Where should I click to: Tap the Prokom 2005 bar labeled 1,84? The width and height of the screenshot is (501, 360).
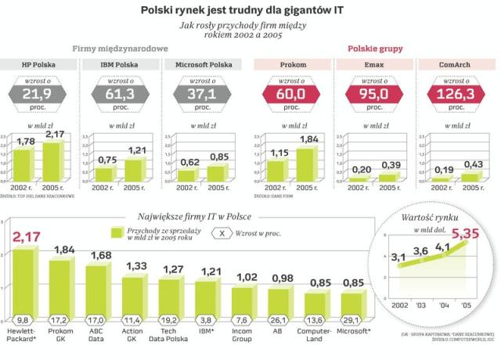(305, 165)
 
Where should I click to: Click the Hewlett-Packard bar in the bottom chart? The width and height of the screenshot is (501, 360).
(25, 282)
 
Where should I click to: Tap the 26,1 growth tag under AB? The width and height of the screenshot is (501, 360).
(279, 319)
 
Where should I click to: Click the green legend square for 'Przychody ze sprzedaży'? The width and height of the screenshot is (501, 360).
(117, 233)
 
